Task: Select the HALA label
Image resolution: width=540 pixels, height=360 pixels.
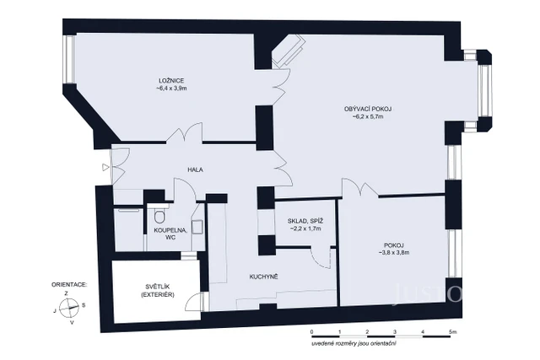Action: click(x=196, y=169)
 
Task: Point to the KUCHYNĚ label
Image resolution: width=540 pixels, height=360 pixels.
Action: click(x=263, y=277)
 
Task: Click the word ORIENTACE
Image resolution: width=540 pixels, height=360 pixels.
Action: click(x=69, y=286)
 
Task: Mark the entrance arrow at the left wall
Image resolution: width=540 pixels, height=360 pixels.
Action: click(x=105, y=167)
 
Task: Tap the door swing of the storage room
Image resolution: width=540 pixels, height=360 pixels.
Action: click(x=318, y=255)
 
